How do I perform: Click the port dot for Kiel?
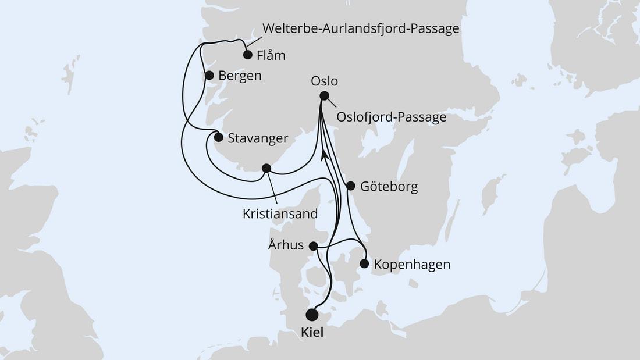[312, 315]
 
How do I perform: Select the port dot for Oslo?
[325, 96]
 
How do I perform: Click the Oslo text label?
[324, 81]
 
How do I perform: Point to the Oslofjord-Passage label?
[392, 117]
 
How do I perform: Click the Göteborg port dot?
[350, 186]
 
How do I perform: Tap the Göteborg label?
[389, 187]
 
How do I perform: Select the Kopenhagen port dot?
[364, 263]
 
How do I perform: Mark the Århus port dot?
[313, 246]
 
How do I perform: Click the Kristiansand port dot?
[266, 168]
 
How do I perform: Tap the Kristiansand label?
[280, 213]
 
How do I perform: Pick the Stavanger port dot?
[218, 138]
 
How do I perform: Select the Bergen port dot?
[209, 75]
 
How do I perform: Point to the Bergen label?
[240, 76]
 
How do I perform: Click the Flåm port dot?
[247, 55]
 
